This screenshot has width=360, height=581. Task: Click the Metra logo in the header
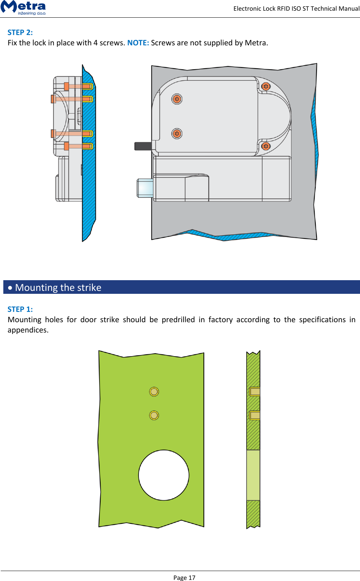23,7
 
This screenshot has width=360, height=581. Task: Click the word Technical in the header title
323,8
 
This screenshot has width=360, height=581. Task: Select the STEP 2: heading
20,32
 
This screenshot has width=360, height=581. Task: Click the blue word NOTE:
138,43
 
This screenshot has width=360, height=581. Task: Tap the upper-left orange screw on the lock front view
177,99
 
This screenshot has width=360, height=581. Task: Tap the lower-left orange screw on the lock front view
177,133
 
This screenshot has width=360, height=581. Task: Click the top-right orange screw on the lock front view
266,87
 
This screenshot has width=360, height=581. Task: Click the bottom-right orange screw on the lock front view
266,146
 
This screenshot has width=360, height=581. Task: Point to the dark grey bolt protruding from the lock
143,146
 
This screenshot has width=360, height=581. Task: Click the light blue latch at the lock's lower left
145,188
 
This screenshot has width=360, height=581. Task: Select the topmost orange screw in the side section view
78,86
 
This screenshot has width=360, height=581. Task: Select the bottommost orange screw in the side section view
78,146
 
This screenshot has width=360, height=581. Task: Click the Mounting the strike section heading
58,288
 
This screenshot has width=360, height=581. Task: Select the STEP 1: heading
20,309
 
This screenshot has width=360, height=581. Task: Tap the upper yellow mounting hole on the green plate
154,392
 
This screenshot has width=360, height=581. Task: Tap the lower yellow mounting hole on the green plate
154,415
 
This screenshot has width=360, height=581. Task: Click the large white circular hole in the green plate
164,475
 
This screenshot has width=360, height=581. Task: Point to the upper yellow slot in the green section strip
255,392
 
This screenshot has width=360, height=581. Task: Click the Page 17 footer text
184,577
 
